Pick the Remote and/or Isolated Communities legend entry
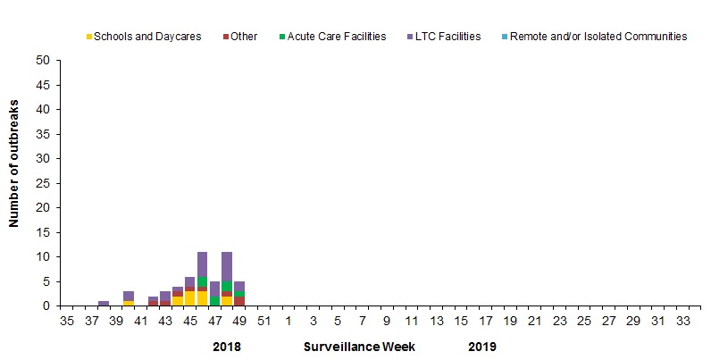pos(597,37)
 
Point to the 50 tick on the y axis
pos(43,61)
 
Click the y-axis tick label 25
pos(43,183)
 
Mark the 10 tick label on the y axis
pos(43,257)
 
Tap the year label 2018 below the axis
pos(227,346)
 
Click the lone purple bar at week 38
pos(104,304)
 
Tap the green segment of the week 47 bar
pos(214,301)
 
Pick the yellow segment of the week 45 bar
pos(189,298)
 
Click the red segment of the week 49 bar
pos(239,301)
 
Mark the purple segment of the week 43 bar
pos(165,296)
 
